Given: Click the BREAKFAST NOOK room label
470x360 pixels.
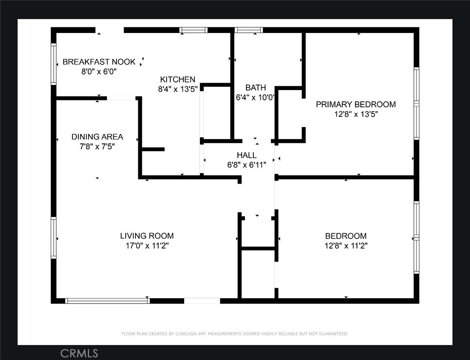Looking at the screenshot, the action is click(x=99, y=62).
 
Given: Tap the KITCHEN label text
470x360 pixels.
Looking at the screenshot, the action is click(x=178, y=79).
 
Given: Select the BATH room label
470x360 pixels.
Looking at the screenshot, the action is click(x=255, y=88).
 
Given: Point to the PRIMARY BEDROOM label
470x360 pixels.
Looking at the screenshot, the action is click(x=356, y=104).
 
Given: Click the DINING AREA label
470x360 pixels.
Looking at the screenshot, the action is click(x=97, y=137).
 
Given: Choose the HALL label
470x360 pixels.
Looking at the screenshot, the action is click(x=247, y=155).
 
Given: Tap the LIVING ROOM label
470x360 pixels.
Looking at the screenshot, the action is click(x=147, y=236).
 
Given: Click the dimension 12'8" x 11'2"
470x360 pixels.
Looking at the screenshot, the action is click(x=346, y=246).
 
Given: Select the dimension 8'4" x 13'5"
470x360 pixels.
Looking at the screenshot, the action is click(x=178, y=90).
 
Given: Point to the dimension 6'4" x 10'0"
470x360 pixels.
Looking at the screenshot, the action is click(x=255, y=97).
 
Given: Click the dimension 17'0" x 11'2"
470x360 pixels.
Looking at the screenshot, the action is click(x=147, y=246).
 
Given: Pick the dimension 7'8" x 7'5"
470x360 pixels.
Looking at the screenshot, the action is click(x=97, y=147).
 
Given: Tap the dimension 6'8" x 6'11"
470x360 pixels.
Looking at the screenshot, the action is click(x=247, y=165).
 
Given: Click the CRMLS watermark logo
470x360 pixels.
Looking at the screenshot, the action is click(x=79, y=354).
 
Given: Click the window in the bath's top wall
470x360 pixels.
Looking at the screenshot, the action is click(x=249, y=30).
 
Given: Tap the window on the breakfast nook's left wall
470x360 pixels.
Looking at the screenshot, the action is click(x=54, y=64).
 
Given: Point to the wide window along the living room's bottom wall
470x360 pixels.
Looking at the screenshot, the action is click(x=107, y=301).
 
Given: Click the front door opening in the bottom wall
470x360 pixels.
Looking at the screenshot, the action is click(x=202, y=301).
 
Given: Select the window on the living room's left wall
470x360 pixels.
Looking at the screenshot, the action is click(x=54, y=238).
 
